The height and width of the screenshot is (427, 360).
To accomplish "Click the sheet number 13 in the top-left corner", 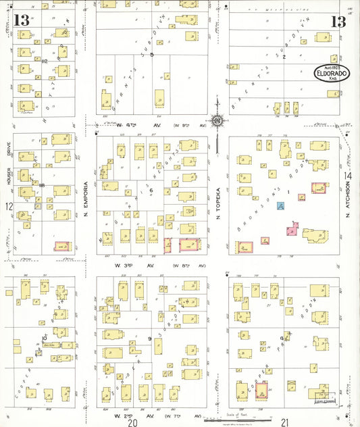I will pyautogui.click(x=20, y=20).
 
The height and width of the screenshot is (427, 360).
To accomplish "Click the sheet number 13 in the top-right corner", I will pyautogui.click(x=338, y=22).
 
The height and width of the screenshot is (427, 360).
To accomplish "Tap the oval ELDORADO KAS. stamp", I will pyautogui.click(x=330, y=73).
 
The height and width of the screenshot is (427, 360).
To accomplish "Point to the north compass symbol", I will pyautogui.click(x=217, y=122).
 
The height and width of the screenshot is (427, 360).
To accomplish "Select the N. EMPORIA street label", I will pyautogui.click(x=87, y=196).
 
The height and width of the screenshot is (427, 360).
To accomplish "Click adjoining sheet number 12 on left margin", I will pyautogui.click(x=9, y=207).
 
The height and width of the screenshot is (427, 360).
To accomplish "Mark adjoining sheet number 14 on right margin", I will pyautogui.click(x=349, y=176).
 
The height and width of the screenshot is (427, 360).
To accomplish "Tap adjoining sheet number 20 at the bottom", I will pyautogui.click(x=133, y=422).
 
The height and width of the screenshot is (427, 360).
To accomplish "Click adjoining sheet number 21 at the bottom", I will pyautogui.click(x=286, y=422).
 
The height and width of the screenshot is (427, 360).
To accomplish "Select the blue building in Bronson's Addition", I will pyautogui.click(x=280, y=205).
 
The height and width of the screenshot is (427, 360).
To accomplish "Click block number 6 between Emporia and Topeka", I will pyautogui.click(x=152, y=191).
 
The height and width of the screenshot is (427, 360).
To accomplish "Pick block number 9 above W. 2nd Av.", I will pyautogui.click(x=150, y=338).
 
